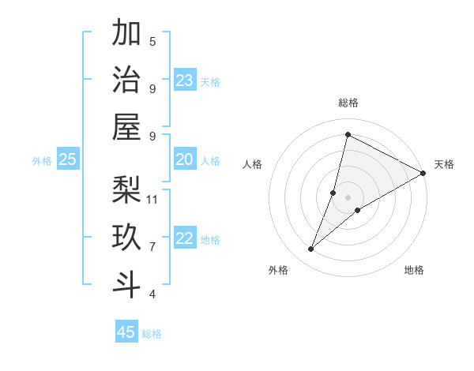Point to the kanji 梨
point(126,189)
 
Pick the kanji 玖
point(126,237)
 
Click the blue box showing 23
point(185,81)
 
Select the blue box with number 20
point(185,160)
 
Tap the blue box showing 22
point(185,239)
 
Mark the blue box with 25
point(67,160)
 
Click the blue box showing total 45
point(126,332)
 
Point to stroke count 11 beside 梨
point(152,199)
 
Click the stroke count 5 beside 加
point(152,41)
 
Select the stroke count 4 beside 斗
point(152,294)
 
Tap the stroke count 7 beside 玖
point(152,246)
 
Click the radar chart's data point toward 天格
point(423,174)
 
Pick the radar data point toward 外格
point(311,249)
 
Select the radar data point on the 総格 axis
point(348,135)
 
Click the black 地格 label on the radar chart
point(414,270)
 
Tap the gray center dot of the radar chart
point(348,197)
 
